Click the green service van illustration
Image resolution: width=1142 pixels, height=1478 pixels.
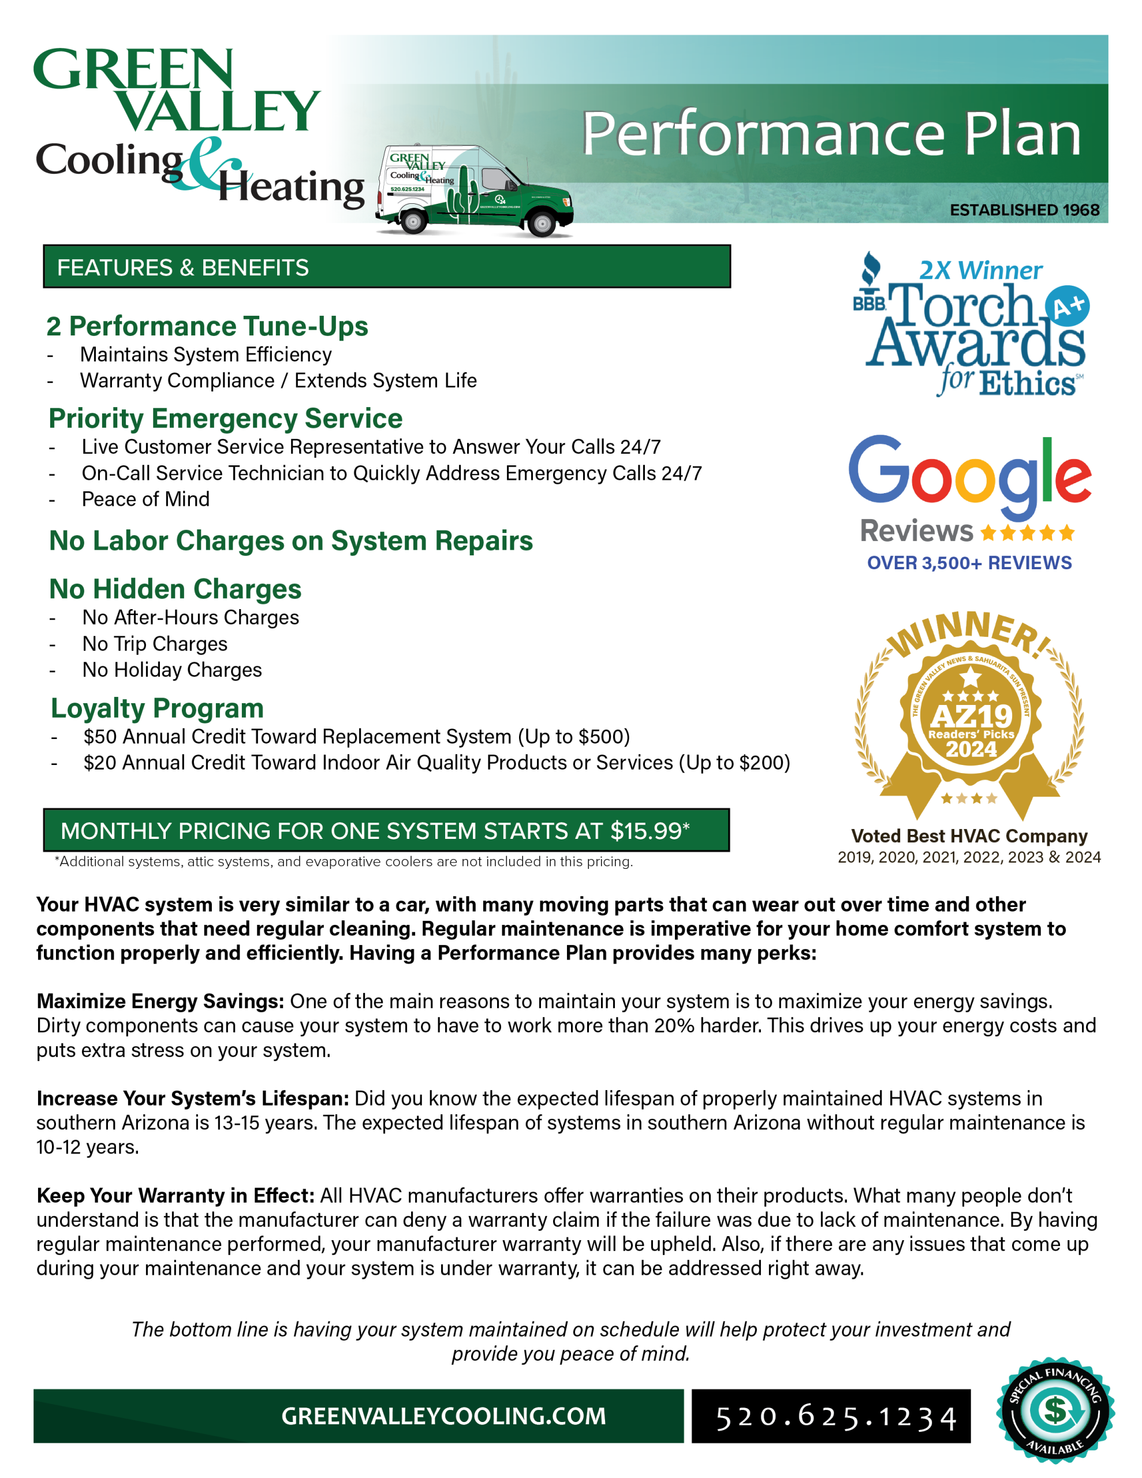pos(475,192)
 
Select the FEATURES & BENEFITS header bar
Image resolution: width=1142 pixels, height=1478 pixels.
pos(386,267)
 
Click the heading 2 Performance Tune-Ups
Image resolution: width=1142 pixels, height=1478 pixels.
pos(207,326)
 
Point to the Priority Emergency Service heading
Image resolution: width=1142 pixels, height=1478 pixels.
pos(225,418)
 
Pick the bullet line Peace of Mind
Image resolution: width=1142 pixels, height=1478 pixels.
pos(145,499)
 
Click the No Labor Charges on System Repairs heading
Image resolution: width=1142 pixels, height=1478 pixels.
pos(291,541)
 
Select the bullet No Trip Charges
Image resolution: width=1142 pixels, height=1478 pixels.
pos(155,644)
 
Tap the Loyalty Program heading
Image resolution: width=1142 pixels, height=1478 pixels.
pos(157,708)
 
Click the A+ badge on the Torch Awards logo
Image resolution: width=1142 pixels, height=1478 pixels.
pos(1067,307)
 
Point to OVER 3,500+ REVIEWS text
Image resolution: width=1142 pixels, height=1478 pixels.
pos(969,563)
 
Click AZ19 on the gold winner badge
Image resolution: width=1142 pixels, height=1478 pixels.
pos(971,716)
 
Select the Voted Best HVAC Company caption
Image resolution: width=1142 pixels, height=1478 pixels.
pos(969,836)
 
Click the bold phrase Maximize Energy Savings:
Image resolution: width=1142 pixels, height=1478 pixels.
pos(161,1001)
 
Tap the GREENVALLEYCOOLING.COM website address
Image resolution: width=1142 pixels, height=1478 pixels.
pos(443,1416)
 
